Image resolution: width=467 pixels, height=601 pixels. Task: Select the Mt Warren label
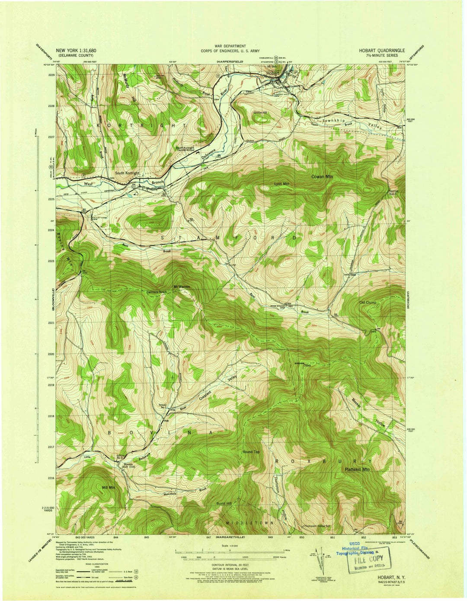(182, 287)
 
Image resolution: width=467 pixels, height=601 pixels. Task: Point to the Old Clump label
(368, 303)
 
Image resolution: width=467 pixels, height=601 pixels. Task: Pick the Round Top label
(251, 452)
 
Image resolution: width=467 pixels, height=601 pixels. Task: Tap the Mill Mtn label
(109, 487)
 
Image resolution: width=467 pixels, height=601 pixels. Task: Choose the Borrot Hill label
(224, 504)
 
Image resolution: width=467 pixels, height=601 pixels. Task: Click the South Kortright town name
(127, 173)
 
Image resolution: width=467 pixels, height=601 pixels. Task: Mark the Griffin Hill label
(260, 112)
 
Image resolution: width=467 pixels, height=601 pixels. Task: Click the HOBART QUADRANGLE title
(382, 50)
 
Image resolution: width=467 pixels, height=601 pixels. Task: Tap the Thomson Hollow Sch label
(317, 526)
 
